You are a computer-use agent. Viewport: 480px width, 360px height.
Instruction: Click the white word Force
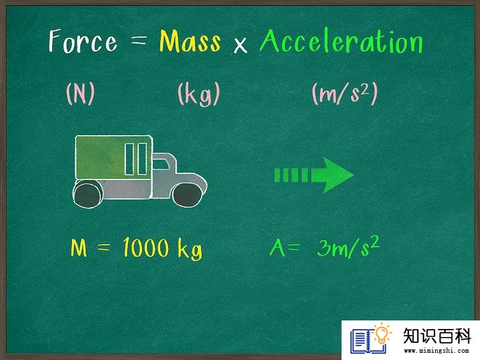[82, 41]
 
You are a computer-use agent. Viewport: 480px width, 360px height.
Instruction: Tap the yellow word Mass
[190, 42]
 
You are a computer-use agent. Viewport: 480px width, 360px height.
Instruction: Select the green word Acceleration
[342, 41]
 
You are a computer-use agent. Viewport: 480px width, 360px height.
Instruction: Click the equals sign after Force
[138, 40]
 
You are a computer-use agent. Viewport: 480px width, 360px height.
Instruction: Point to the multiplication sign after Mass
[240, 45]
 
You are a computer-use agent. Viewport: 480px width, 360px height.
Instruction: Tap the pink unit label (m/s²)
[345, 94]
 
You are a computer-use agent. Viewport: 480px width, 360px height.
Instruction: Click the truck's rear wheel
[88, 194]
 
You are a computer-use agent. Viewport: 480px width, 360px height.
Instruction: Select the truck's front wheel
[187, 194]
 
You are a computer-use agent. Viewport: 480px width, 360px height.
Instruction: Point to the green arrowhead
[333, 175]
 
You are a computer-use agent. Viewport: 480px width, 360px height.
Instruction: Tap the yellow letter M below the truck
[78, 247]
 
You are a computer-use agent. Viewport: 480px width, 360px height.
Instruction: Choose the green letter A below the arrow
[277, 247]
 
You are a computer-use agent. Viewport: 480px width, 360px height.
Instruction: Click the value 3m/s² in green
[348, 247]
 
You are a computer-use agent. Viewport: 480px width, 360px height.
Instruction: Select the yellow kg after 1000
[190, 249]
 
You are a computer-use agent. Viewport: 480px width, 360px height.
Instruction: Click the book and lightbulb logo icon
[371, 339]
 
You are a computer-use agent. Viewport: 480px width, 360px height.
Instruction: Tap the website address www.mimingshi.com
[436, 350]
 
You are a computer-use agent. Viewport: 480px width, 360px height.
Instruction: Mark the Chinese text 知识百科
[437, 336]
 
